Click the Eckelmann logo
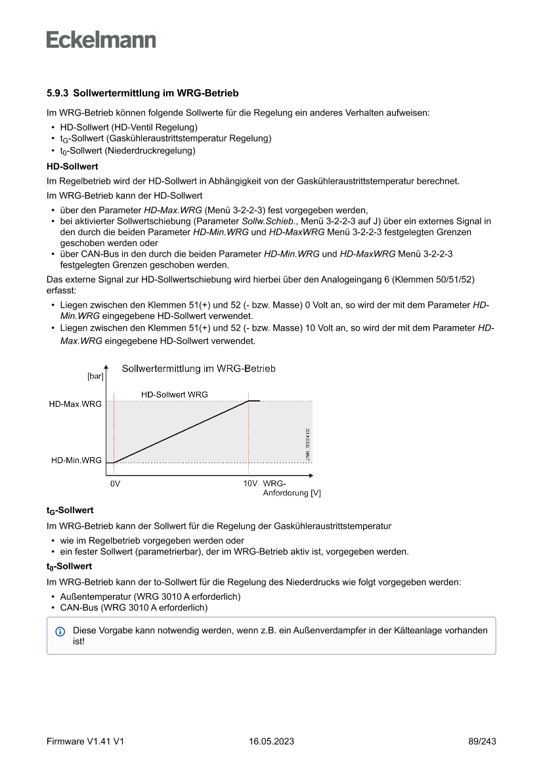click(101, 39)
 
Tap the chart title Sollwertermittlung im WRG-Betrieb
click(198, 369)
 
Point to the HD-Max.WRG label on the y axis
click(76, 404)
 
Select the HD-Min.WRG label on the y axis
click(77, 460)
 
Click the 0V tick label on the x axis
click(115, 484)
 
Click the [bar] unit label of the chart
click(95, 377)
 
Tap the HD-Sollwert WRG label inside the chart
click(175, 394)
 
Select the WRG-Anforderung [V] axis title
click(291, 488)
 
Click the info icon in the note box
click(60, 631)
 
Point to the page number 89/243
click(482, 741)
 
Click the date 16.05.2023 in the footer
click(271, 741)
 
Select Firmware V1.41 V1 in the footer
click(85, 741)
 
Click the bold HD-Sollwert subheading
click(72, 167)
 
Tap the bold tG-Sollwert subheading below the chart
click(70, 510)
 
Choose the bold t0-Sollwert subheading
click(69, 566)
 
